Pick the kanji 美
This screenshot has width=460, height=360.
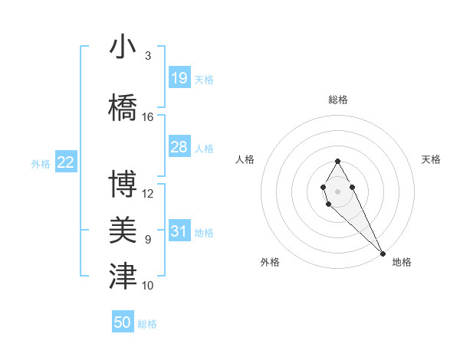pos(123,229)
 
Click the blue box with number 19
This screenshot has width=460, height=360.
pos(179,78)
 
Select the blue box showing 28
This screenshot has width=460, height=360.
pos(179,147)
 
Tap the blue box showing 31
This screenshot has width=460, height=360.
pos(179,232)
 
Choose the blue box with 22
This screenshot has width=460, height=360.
pos(66,162)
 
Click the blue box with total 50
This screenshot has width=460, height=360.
pos(123,322)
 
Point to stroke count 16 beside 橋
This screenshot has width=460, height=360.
pos(149,117)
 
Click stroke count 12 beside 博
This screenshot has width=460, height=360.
pos(149,194)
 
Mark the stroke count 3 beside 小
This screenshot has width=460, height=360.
pos(148,56)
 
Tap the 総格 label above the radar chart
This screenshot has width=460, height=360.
pos(338,100)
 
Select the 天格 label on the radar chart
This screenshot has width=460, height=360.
pos(432,159)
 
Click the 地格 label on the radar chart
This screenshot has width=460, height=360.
pos(402,262)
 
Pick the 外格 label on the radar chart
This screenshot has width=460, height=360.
pos(270,262)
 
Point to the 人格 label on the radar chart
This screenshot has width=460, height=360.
pos(245,159)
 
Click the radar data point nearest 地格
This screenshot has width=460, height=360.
pos(383,253)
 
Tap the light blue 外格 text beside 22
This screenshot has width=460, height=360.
pos(41,163)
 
